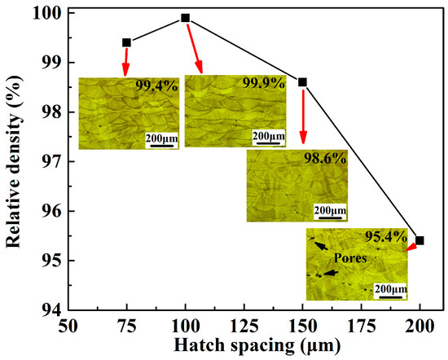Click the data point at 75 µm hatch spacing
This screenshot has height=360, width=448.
pyautogui.click(x=126, y=42)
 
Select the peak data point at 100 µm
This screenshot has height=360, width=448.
pyautogui.click(x=186, y=17)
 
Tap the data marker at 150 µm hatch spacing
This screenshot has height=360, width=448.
pyautogui.click(x=303, y=81)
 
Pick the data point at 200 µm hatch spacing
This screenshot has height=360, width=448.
pyautogui.click(x=419, y=240)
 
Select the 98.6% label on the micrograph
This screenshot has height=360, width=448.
pyautogui.click(x=326, y=160)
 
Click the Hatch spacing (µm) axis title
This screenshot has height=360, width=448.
pyautogui.click(x=244, y=346)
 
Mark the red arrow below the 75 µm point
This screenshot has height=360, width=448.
pyautogui.click(x=126, y=62)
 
